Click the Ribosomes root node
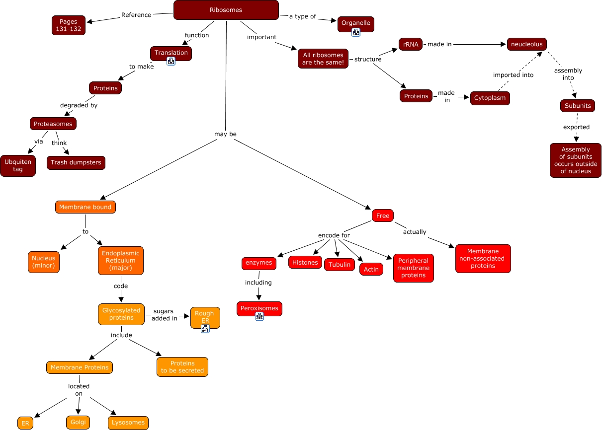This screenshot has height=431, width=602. click(x=226, y=10)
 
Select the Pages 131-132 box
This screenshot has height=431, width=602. click(x=69, y=25)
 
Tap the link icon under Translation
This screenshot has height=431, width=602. click(x=171, y=61)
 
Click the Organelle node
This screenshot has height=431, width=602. click(x=355, y=23)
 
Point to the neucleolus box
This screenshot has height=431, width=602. click(x=526, y=44)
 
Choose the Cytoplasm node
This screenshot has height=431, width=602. click(x=490, y=98)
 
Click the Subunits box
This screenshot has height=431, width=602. click(x=577, y=106)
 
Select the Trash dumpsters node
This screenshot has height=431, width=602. click(x=76, y=162)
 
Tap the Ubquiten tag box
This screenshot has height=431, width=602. click(x=18, y=165)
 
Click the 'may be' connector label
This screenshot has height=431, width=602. click(x=225, y=134)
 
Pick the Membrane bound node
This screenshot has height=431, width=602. click(x=85, y=207)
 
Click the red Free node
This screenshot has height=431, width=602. click(x=383, y=215)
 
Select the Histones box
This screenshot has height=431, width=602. click(x=305, y=262)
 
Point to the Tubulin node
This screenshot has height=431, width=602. click(x=340, y=265)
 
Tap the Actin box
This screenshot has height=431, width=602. click(x=371, y=269)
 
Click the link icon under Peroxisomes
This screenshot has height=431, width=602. click(x=259, y=316)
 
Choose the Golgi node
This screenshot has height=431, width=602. click(x=78, y=422)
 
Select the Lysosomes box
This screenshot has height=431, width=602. click(x=128, y=423)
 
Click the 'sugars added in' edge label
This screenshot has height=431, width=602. click(x=165, y=315)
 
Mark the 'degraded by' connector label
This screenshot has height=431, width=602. click(x=79, y=105)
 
